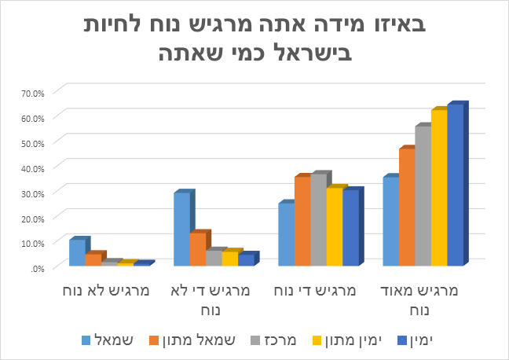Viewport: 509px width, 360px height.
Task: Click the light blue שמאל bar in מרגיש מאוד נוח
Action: [390, 222]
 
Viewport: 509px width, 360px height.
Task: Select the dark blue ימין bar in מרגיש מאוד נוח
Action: [455, 186]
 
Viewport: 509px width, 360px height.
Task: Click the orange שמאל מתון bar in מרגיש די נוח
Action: [302, 222]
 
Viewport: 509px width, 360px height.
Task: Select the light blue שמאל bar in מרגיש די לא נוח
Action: [181, 230]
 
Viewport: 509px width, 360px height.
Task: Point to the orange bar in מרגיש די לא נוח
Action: [197, 249]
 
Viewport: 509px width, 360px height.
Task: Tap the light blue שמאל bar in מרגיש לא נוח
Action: [76, 253]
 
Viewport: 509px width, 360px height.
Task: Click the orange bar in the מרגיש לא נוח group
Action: [93, 260]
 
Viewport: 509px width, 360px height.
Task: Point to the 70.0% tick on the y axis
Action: [32, 93]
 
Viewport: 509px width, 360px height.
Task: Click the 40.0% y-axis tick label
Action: [32, 167]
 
